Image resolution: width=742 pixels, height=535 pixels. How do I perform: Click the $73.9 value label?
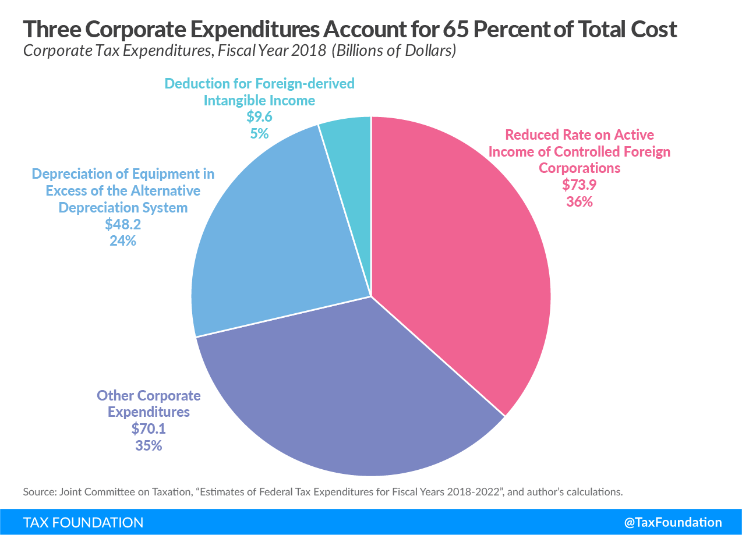click(579, 185)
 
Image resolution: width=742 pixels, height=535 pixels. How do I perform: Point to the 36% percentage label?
click(579, 202)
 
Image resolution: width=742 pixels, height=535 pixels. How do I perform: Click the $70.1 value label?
click(149, 429)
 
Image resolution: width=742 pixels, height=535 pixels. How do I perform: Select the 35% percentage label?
click(149, 446)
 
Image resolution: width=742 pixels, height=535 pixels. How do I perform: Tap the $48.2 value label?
click(123, 224)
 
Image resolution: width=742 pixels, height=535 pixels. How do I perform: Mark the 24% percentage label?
click(123, 240)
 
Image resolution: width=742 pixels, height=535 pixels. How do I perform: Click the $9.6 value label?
click(259, 117)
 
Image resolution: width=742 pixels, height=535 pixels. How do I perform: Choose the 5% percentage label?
click(259, 133)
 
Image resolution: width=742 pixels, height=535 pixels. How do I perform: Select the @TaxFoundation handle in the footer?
click(673, 522)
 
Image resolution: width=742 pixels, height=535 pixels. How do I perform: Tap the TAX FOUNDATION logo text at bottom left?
click(83, 522)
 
